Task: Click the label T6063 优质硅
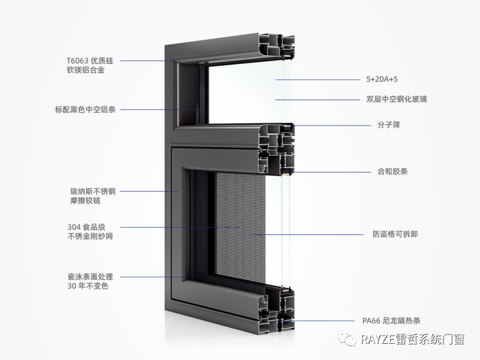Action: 90,60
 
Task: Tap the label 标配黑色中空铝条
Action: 85,110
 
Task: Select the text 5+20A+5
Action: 382,80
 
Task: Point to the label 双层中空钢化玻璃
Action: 396,99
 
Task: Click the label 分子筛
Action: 389,125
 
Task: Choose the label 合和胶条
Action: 392,171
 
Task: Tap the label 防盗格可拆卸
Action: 395,234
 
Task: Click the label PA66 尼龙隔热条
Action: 391,321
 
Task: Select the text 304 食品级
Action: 86,227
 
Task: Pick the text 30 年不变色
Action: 88,286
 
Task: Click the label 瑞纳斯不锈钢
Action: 93,192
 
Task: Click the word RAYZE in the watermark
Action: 377,339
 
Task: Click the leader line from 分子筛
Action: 331,125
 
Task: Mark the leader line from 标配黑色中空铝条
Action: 160,110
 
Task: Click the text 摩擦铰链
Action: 85,201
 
